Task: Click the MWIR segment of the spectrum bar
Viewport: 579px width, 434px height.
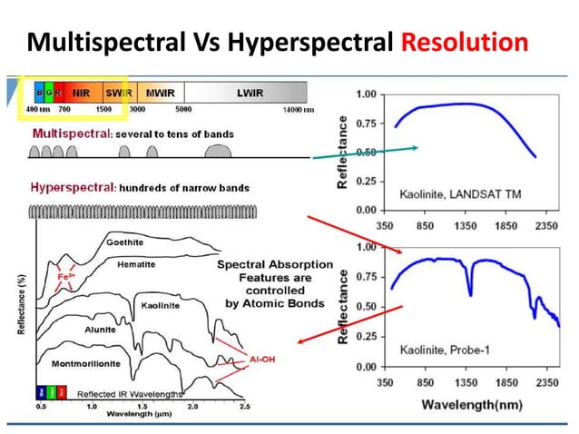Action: [x=161, y=93]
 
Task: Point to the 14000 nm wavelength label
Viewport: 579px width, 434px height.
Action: [x=296, y=109]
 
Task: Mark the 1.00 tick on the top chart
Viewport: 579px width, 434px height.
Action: [x=366, y=94]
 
